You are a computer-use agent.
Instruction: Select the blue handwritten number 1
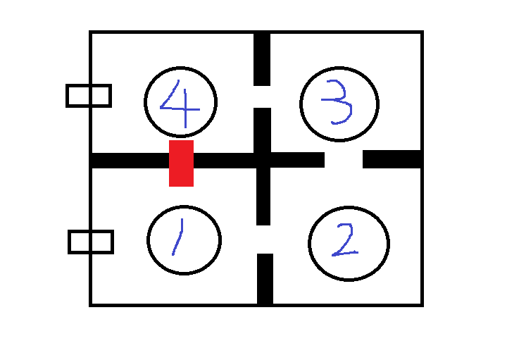(x=178, y=237)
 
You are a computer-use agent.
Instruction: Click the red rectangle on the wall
(x=182, y=163)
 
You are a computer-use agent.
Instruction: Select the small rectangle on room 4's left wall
(x=89, y=96)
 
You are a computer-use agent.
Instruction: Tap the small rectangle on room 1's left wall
(x=91, y=242)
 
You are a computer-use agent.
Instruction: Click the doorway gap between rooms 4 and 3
(x=262, y=97)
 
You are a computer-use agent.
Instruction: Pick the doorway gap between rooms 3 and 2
(x=344, y=159)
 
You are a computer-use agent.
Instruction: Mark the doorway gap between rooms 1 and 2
(x=265, y=240)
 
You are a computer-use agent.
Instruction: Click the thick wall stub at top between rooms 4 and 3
(x=262, y=59)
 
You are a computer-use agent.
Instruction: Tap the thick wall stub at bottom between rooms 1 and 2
(x=265, y=279)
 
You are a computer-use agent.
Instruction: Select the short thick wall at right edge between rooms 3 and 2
(x=392, y=159)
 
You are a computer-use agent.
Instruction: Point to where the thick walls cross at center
(x=263, y=160)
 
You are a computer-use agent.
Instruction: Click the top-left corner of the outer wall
(x=90, y=32)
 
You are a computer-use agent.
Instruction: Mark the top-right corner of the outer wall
(x=423, y=32)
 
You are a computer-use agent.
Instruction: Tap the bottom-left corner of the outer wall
(x=90, y=305)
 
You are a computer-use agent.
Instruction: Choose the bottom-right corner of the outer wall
(x=423, y=305)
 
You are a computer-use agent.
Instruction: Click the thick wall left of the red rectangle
(x=130, y=161)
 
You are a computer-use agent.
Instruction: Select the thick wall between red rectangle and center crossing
(x=224, y=161)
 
